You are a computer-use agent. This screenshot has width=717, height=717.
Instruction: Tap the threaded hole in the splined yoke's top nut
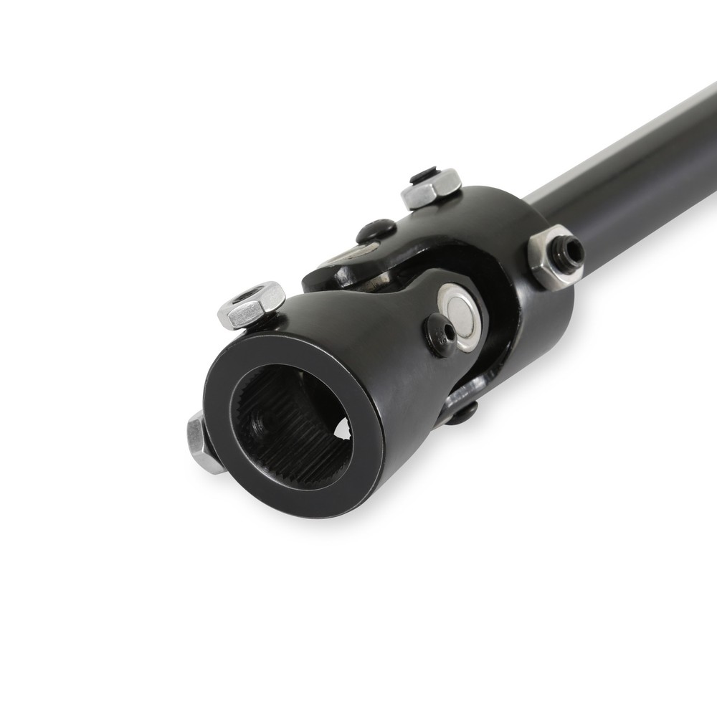tap(256, 295)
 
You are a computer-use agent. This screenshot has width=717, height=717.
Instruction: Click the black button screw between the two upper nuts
tap(376, 231)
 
